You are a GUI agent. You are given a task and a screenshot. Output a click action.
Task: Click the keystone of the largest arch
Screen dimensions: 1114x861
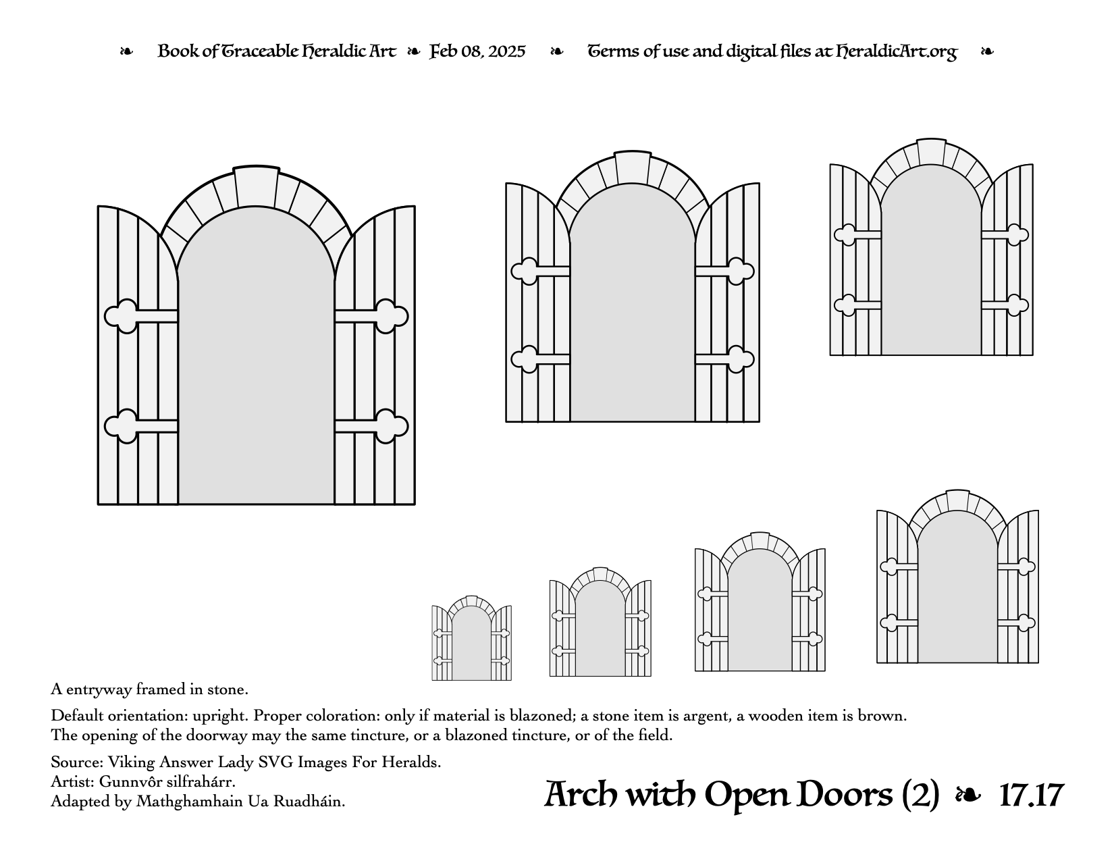tap(257, 186)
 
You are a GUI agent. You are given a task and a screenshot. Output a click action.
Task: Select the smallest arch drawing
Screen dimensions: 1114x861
tap(472, 638)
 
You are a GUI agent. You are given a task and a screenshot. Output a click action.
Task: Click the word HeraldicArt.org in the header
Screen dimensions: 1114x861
tap(896, 51)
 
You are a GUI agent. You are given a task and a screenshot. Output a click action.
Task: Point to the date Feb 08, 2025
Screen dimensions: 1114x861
tap(477, 51)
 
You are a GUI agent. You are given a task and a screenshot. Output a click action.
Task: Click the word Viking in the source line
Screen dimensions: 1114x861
tap(131, 762)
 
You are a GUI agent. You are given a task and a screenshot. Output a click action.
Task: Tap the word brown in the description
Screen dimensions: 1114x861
tap(882, 715)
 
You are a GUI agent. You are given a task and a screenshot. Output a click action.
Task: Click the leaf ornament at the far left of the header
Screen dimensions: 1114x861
tap(126, 51)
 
